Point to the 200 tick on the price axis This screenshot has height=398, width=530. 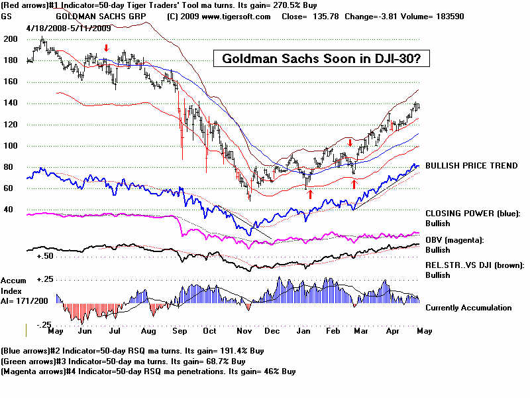point(10,39)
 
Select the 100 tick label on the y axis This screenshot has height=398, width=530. point(10,146)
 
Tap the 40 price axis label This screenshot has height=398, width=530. point(9,209)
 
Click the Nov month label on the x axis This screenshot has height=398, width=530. point(242,330)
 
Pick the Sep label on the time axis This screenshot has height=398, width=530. point(180,330)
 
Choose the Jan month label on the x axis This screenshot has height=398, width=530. point(304,330)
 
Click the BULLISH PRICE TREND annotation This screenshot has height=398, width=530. point(471,166)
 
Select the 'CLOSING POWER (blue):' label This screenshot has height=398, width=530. point(473,214)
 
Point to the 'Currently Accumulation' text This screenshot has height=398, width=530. point(468,308)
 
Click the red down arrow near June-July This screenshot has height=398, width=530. point(106,48)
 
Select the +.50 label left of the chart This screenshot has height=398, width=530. point(45,255)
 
